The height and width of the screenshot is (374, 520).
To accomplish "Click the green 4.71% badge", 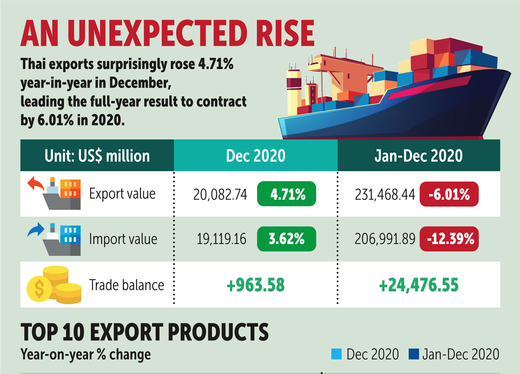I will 286,194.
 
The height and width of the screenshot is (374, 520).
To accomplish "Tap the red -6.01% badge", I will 449,194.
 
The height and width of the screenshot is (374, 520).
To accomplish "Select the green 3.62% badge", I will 286,239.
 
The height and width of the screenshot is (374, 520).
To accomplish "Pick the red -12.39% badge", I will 449,239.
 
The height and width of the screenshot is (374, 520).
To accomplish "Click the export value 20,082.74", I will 220,195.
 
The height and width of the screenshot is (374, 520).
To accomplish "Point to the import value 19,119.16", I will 222,239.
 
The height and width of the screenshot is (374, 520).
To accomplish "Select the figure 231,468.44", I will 385,195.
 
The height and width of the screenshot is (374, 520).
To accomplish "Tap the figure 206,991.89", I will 385,239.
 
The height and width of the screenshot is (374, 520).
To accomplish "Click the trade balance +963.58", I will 255,285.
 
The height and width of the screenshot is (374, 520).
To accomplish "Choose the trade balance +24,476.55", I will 419,285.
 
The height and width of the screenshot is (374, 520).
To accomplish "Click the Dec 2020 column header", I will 255,156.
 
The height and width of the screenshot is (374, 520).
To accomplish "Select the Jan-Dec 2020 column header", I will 418,156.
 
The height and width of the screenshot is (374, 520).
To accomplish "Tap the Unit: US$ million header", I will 97,156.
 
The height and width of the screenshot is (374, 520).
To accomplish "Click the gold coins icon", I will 54,285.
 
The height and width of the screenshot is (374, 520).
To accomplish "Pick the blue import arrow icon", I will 36,230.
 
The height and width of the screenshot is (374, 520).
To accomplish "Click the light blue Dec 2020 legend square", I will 336,354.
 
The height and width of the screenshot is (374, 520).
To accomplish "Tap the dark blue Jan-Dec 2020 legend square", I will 414,354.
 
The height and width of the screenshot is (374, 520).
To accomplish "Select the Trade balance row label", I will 127,285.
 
